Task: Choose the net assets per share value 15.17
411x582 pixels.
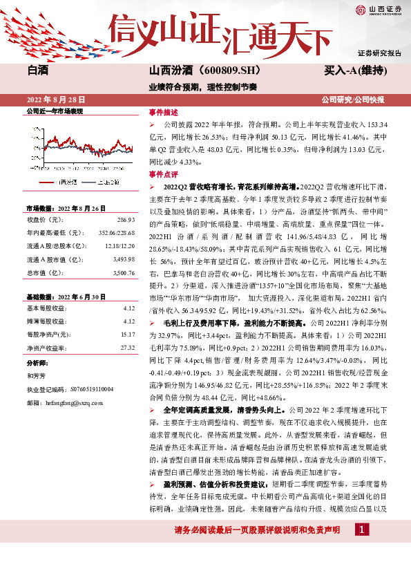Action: tap(127, 334)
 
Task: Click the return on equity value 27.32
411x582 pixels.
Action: tap(127, 348)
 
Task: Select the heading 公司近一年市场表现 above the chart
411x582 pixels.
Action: tap(55, 111)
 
